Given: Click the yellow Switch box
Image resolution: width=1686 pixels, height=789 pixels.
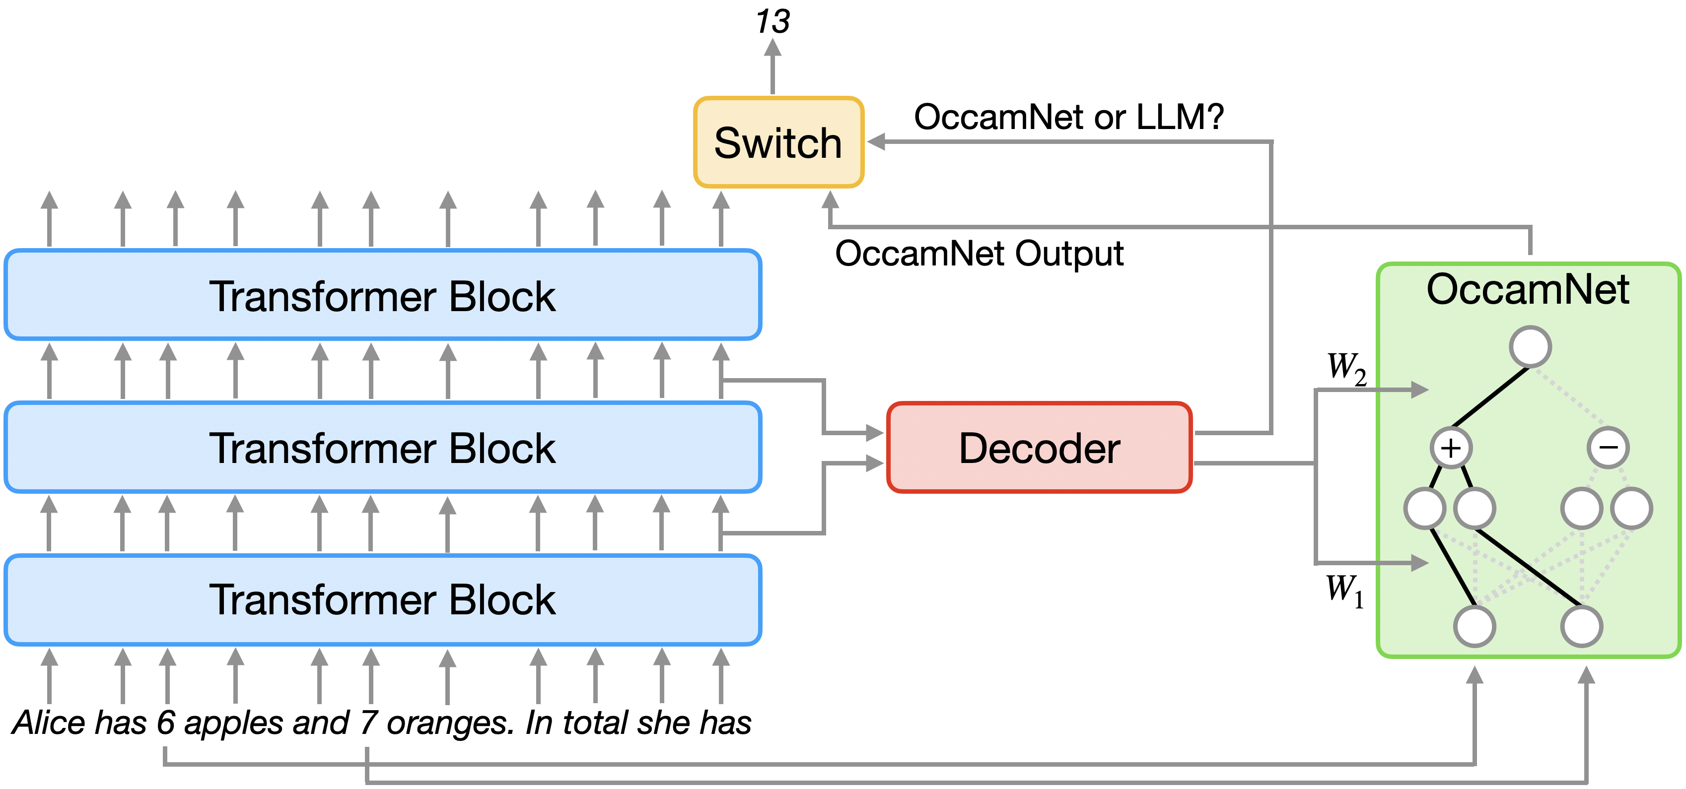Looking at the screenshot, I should pos(778,142).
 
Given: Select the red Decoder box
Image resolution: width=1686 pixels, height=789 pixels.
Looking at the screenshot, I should pos(1039,448).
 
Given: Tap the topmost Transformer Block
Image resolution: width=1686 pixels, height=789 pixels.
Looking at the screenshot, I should pos(382,295).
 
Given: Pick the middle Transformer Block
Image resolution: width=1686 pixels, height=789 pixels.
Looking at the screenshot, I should pos(382,448).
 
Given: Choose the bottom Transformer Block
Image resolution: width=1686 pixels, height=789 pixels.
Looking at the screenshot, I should pos(382,599).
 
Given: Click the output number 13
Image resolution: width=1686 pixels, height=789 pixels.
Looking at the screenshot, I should pos(773,22).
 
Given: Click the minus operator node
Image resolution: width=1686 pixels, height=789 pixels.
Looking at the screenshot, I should pos(1608,448).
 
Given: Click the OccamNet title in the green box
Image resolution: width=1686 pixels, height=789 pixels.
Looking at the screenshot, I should pos(1528,290).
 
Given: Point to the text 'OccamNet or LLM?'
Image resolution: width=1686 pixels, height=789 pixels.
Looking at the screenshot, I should pos(1068,118).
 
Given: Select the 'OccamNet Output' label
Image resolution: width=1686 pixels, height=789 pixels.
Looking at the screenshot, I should pos(979,254).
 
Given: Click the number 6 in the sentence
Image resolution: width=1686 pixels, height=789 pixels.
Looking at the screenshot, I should pos(166,723).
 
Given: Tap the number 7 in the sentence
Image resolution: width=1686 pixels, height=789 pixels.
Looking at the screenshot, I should pos(368,723).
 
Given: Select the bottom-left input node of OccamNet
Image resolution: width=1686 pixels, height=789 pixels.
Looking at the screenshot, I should pos(1474,626).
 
